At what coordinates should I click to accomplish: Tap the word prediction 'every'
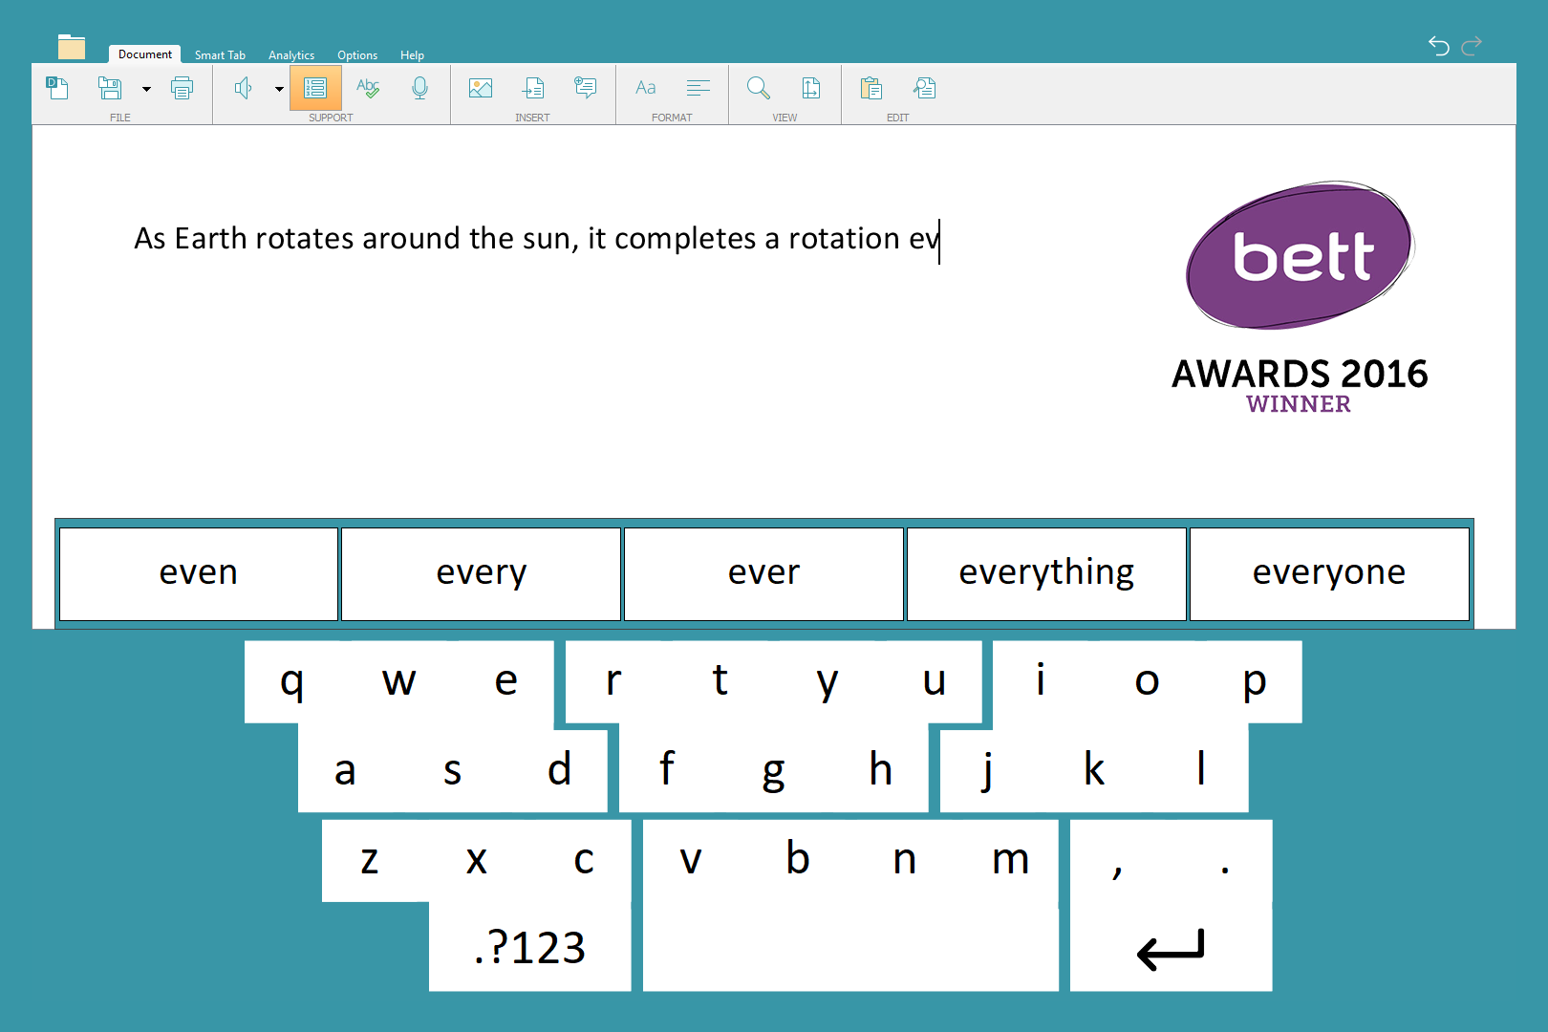pos(481,573)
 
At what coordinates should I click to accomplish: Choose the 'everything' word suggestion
pos(1046,573)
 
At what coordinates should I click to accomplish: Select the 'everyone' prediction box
pos(1329,573)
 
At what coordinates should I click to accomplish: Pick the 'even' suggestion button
pos(199,573)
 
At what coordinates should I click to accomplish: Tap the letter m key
pos(1010,861)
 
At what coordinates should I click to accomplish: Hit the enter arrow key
pos(1171,948)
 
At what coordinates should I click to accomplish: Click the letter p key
pos(1254,681)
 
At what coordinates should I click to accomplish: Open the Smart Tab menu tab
pos(220,55)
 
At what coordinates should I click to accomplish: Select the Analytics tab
pos(290,55)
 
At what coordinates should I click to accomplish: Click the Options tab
pos(357,55)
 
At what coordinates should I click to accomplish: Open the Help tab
pos(412,55)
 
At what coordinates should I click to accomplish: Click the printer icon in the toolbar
pos(182,88)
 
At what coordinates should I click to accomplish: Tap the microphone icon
pos(419,89)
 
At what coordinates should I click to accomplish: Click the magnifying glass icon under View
pos(758,88)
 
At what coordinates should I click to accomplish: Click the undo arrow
pos(1439,46)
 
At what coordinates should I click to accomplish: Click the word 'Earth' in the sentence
pos(211,239)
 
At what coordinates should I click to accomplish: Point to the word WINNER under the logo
pos(1299,404)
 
